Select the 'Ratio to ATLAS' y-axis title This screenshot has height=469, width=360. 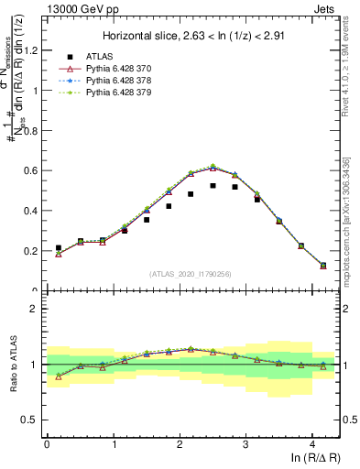coord(14,364)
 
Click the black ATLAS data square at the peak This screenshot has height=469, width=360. coord(213,185)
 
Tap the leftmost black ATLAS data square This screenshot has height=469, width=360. coord(59,247)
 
